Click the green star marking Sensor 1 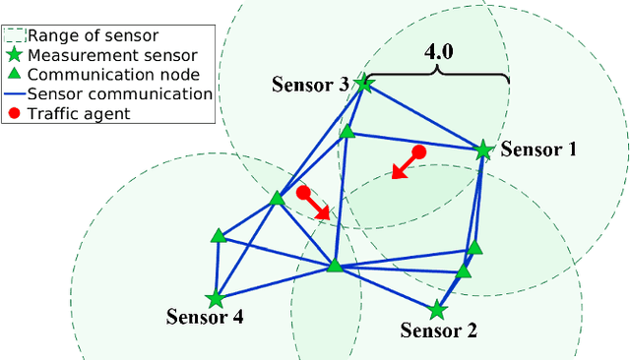(483, 150)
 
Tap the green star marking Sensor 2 (437, 310)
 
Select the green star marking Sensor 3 (364, 84)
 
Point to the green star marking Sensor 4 (215, 298)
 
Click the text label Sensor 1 (538, 150)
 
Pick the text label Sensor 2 (440, 331)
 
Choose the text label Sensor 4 (205, 318)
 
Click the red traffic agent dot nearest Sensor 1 (418, 152)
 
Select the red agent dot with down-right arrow (304, 192)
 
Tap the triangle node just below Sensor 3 (346, 131)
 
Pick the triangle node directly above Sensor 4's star (219, 236)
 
